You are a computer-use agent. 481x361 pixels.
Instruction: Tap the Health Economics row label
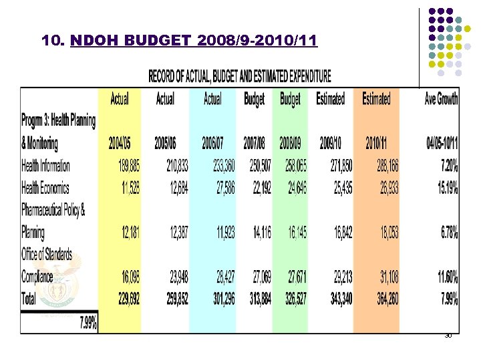tap(45, 189)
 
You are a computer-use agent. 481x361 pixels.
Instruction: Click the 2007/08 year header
tap(255, 143)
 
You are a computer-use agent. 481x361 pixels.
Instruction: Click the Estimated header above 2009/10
tap(331, 99)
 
